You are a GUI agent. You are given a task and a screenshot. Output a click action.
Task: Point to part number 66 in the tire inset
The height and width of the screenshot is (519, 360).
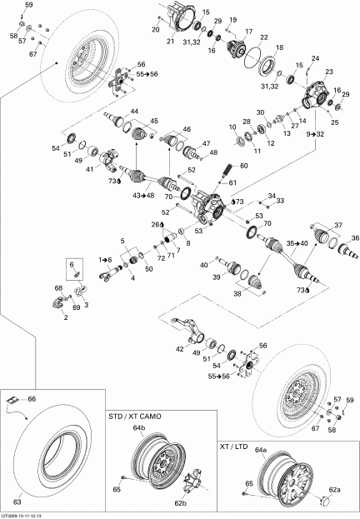pos(55,400)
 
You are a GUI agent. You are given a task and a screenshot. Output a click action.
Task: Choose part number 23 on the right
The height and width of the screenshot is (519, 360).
pos(329,72)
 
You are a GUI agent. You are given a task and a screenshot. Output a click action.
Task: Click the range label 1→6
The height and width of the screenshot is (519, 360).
pos(104,259)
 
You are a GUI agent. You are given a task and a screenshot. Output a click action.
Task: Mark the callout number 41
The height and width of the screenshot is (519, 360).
pos(89,169)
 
